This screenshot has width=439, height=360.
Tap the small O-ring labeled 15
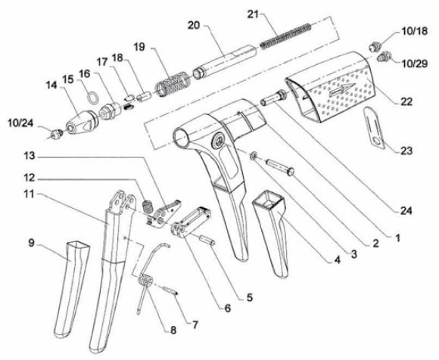click(x=92, y=98)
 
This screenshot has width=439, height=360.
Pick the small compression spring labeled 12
click(x=148, y=205)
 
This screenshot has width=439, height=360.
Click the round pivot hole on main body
click(x=219, y=139)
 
